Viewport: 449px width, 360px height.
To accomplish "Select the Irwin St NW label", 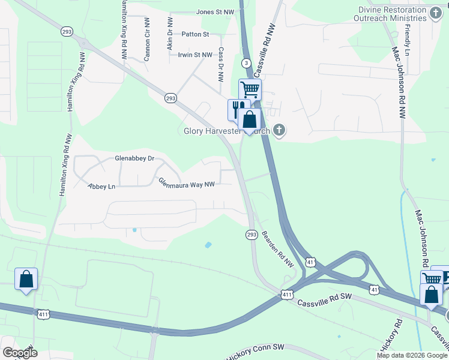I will tap(195, 55).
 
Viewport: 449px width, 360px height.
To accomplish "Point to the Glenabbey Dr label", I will tap(134, 159).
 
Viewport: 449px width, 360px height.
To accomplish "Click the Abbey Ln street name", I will tap(101, 187).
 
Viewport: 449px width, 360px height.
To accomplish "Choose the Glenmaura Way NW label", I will tap(186, 184).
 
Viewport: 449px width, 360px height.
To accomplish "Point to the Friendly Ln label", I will tap(408, 37).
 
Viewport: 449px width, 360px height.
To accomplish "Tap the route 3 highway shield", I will tap(246, 63).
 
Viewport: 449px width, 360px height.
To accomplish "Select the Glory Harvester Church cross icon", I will tap(279, 129).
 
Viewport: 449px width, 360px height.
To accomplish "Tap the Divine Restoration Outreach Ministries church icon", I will tap(436, 13).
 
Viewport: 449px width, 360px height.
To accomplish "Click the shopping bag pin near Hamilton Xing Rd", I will tap(26, 279).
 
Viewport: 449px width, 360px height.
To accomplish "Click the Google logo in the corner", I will tap(20, 353).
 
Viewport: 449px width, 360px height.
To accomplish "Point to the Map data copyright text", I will tap(411, 355).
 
